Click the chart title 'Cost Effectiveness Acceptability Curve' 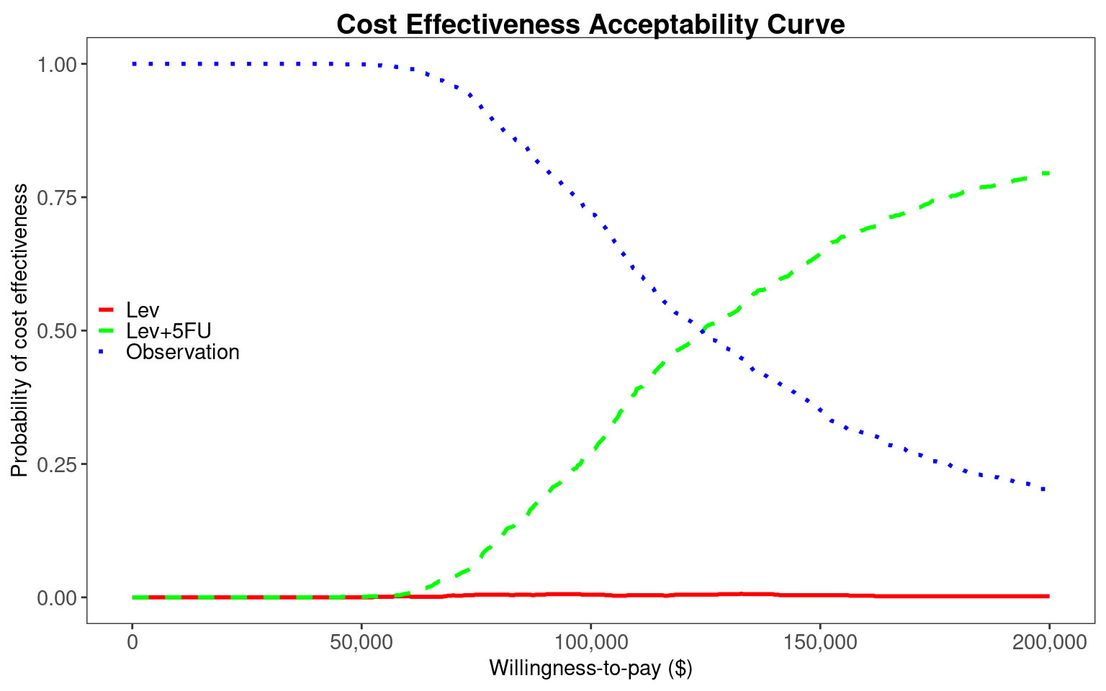590,24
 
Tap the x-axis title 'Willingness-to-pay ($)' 590,668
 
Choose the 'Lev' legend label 143,310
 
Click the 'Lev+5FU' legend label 168,331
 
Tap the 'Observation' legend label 182,352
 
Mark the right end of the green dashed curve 1048,173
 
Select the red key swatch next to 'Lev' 107,310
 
